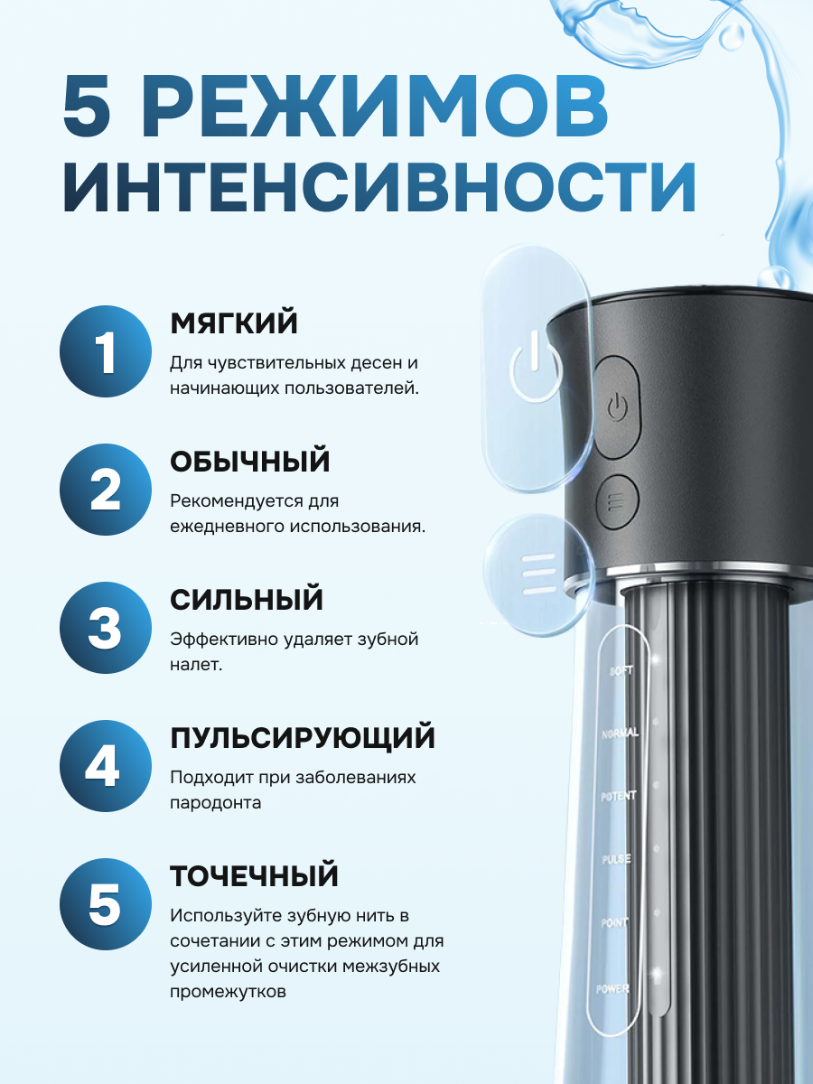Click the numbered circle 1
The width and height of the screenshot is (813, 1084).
[106, 351]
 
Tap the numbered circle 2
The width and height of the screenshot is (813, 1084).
[106, 490]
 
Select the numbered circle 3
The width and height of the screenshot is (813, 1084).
[106, 628]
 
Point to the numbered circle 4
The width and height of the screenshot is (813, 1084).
[106, 766]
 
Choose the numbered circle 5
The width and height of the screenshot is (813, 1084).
[106, 904]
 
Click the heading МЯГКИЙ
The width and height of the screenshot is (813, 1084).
[234, 323]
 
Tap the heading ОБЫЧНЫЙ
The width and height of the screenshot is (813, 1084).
[250, 462]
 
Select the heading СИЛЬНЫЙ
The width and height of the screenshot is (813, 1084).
[247, 600]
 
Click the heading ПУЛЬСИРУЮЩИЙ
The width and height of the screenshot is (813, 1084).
[303, 739]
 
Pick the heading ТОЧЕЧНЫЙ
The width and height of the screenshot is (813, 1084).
[254, 876]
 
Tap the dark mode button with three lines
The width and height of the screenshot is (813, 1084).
[617, 502]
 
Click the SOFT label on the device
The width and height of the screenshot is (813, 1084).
[621, 671]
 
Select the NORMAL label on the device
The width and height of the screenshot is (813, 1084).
[620, 734]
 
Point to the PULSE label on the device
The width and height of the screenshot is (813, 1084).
[617, 859]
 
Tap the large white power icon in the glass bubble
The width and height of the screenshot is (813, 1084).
[536, 369]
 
